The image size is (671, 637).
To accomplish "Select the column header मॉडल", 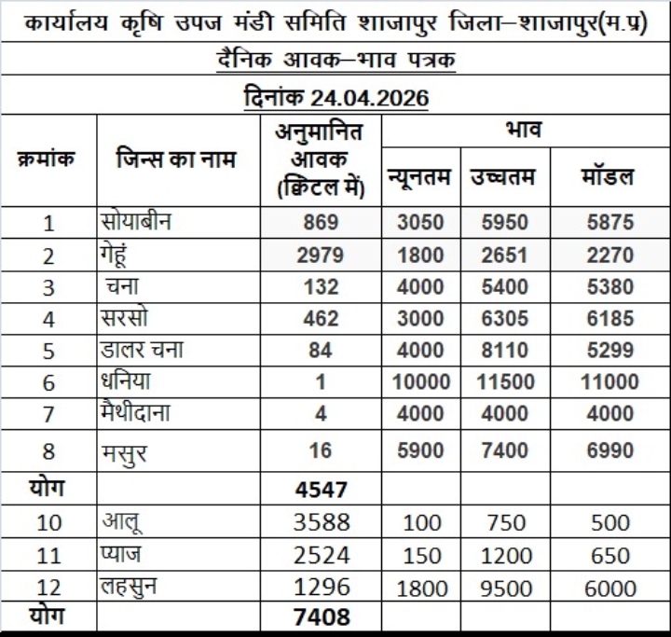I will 605,176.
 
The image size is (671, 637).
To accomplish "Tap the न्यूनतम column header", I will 420,176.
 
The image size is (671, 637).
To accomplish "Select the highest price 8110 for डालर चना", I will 503,350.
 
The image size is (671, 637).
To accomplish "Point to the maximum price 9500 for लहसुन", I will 503,588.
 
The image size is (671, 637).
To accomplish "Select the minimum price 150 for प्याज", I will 420,555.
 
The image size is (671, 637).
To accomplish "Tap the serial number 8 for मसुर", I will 49,452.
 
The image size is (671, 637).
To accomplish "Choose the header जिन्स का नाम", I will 176,159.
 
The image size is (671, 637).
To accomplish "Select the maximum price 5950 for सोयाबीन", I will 503,223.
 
